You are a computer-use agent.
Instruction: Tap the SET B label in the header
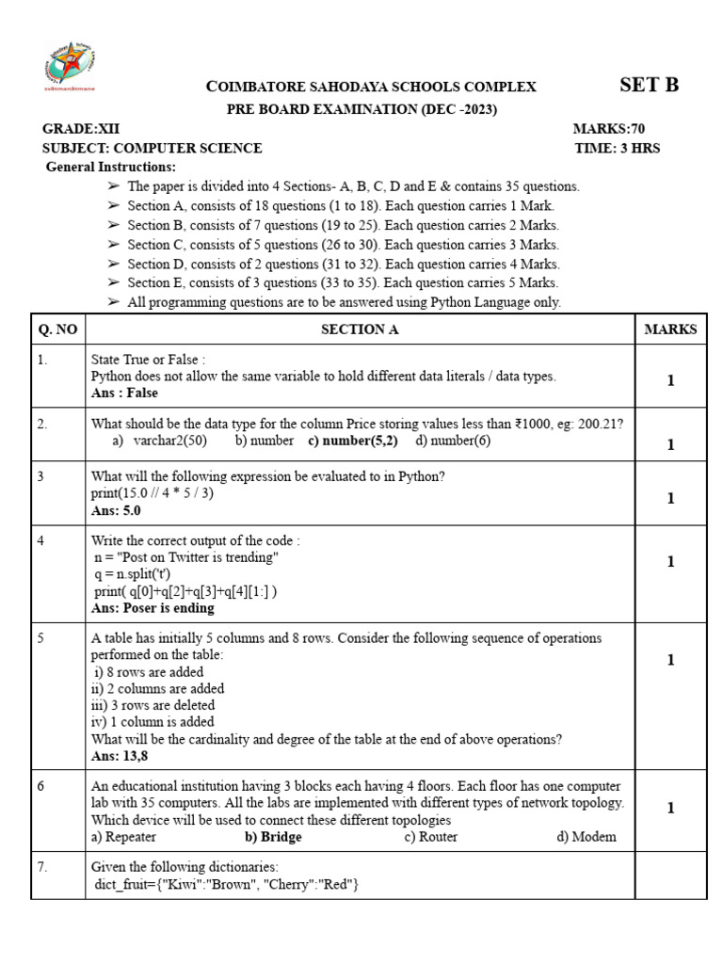coord(649,85)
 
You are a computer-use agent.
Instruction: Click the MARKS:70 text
coord(609,129)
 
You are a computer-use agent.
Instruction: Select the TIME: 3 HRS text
coord(617,148)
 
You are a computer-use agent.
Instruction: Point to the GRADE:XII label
coord(81,129)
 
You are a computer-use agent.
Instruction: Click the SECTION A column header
coord(360,329)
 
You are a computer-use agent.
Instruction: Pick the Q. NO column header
coord(57,329)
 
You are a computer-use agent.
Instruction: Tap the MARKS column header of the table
coord(670,329)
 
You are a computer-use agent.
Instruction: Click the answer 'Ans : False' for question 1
coord(124,393)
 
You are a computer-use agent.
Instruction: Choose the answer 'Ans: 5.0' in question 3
coord(116,510)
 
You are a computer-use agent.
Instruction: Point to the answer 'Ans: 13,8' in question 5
coord(120,755)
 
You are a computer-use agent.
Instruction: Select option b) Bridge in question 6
coord(273,836)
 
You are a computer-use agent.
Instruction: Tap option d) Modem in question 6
coord(586,836)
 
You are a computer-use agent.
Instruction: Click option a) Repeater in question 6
coord(123,836)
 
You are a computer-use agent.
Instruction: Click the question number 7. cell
coord(43,867)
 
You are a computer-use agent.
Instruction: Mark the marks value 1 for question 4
coord(670,562)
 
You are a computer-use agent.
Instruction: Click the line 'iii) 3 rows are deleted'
coord(153,705)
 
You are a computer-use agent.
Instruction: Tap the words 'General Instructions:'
coord(111,167)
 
